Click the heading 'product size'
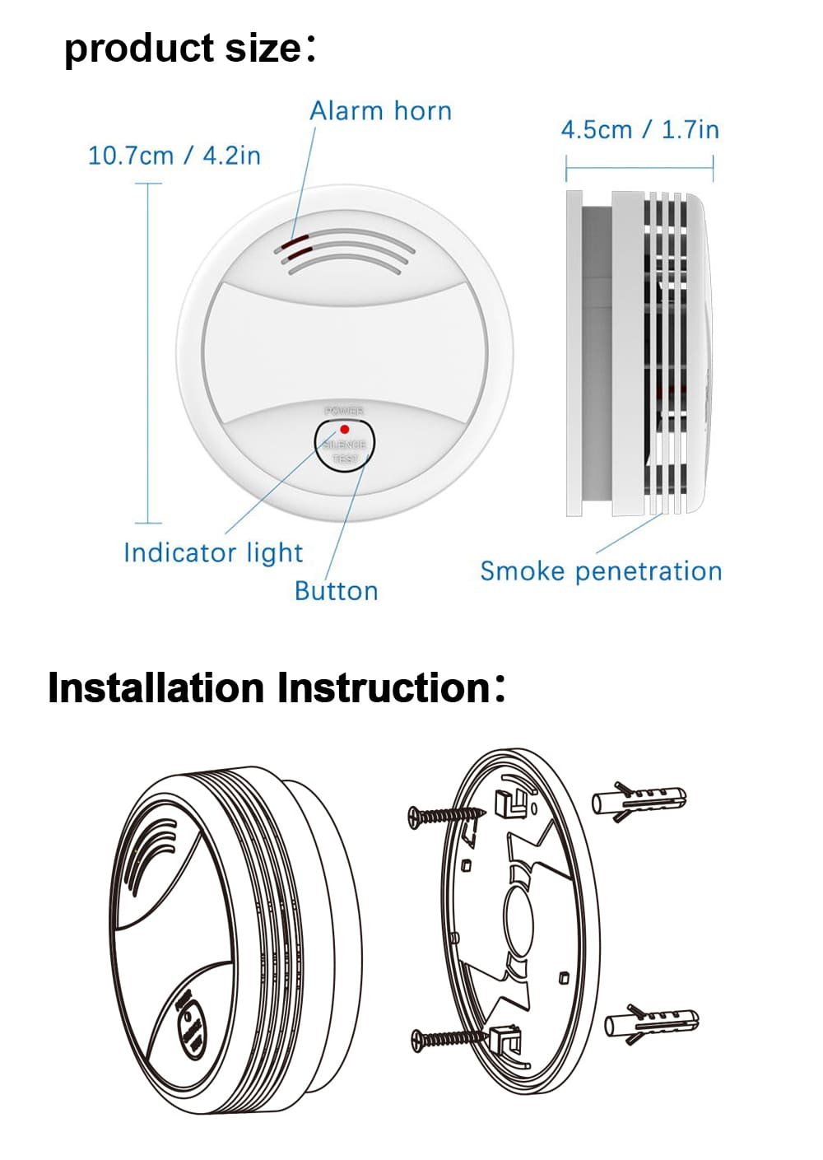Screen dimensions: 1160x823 click(184, 48)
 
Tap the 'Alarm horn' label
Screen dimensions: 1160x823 click(380, 111)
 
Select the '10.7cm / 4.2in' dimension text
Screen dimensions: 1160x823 click(174, 156)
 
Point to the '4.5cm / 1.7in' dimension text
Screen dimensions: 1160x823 click(639, 130)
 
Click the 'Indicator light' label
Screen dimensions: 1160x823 click(213, 552)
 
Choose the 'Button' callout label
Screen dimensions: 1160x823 click(336, 591)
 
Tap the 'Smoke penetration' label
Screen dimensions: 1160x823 click(601, 571)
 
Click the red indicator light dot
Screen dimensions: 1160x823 click(344, 430)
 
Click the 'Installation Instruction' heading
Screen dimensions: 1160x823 click(268, 688)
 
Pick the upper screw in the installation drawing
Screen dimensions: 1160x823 click(444, 815)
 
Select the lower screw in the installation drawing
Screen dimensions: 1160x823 click(449, 1038)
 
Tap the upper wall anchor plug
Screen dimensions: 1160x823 click(639, 799)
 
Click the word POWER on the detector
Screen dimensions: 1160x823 click(344, 411)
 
